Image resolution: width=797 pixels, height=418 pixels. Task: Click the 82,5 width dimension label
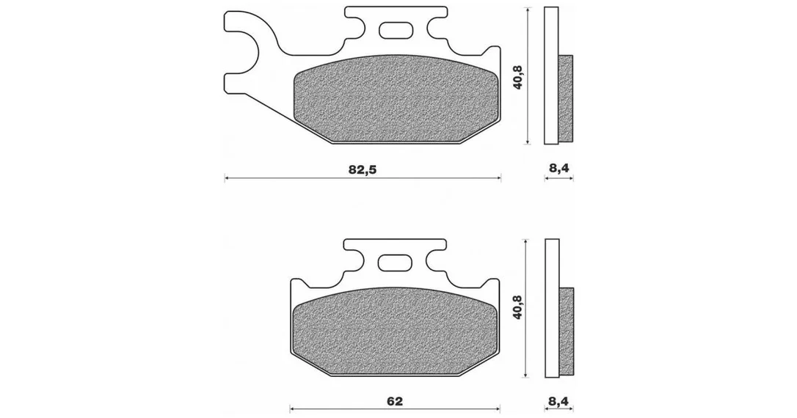pos(363,170)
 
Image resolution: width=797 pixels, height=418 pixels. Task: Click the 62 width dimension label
pos(394,401)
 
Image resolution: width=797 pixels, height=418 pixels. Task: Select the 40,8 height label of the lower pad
pos(518,307)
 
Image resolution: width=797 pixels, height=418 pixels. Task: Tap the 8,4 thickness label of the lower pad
pos(558,402)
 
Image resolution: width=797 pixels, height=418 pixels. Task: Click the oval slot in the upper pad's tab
pos(395,30)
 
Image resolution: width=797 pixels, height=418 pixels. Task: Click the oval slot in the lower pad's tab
pos(395,263)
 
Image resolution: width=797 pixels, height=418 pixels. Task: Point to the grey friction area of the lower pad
pos(396,331)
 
